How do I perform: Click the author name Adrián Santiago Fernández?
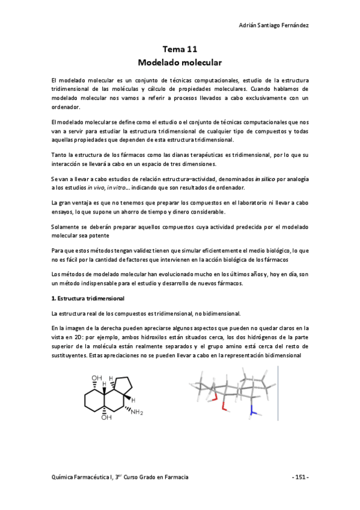click(x=274, y=25)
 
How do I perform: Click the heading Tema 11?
click(x=180, y=50)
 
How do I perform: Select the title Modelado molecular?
click(x=180, y=62)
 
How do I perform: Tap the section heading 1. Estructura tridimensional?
click(x=88, y=299)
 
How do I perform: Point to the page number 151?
click(x=299, y=477)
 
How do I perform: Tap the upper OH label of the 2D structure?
click(x=96, y=379)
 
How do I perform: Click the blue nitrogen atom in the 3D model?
click(x=254, y=413)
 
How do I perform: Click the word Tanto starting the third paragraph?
click(x=60, y=155)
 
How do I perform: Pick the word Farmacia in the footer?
click(x=175, y=477)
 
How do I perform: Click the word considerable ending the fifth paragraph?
click(x=225, y=212)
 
